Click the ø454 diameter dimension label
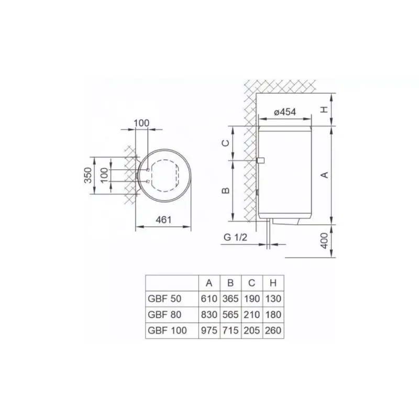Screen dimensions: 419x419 click(285, 112)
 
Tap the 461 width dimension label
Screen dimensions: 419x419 click(163, 219)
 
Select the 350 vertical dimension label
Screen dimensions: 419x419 click(88, 175)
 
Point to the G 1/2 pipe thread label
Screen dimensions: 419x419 click(235, 237)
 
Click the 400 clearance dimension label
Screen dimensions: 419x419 click(324, 240)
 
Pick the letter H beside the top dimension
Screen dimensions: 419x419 click(324, 109)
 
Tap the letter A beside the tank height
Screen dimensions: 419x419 click(324, 175)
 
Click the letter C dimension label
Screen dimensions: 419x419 click(226, 143)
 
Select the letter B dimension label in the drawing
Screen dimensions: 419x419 click(226, 190)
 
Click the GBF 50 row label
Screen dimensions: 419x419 click(164, 299)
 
